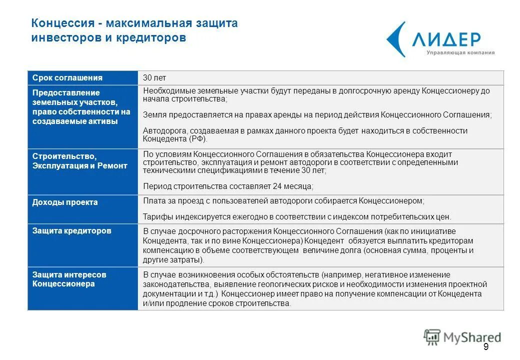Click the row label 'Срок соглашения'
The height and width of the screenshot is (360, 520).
(67, 78)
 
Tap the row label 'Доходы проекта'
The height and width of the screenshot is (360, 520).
(65, 202)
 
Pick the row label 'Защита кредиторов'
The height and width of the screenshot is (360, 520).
(71, 231)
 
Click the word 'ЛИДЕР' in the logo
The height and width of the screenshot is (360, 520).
(446, 39)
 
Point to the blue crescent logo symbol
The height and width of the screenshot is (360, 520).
(396, 39)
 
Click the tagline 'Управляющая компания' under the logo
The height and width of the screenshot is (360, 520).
(460, 52)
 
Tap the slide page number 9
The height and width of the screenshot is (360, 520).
(485, 347)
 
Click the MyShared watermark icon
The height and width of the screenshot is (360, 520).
(431, 337)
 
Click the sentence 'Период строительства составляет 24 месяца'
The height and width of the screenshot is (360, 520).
(228, 186)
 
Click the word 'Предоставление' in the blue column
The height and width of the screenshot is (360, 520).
(66, 92)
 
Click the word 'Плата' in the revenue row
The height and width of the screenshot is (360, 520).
(153, 200)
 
